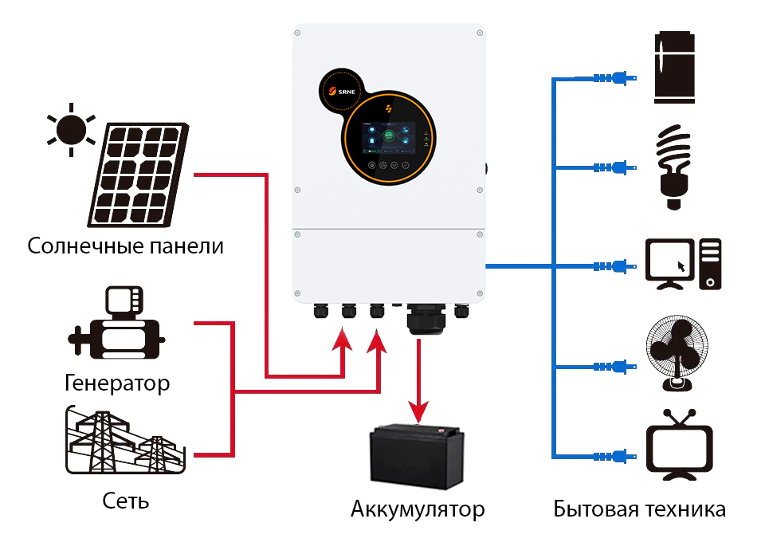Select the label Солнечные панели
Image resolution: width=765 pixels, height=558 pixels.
[125, 246]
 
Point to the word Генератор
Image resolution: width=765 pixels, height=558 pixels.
[117, 383]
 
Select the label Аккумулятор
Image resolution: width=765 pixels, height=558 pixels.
[418, 509]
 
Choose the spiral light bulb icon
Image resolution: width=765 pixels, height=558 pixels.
[673, 167]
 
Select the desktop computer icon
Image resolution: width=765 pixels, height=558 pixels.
[683, 264]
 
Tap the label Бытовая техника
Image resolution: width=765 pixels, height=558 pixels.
[640, 509]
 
